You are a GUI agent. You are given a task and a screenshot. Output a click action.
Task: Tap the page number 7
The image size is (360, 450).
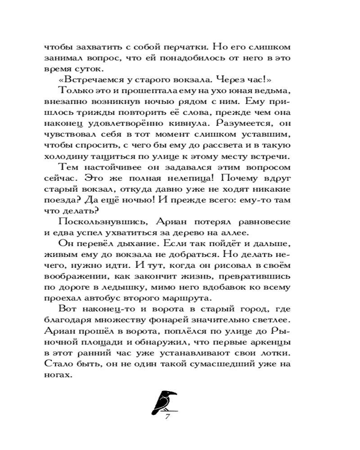(166, 416)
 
